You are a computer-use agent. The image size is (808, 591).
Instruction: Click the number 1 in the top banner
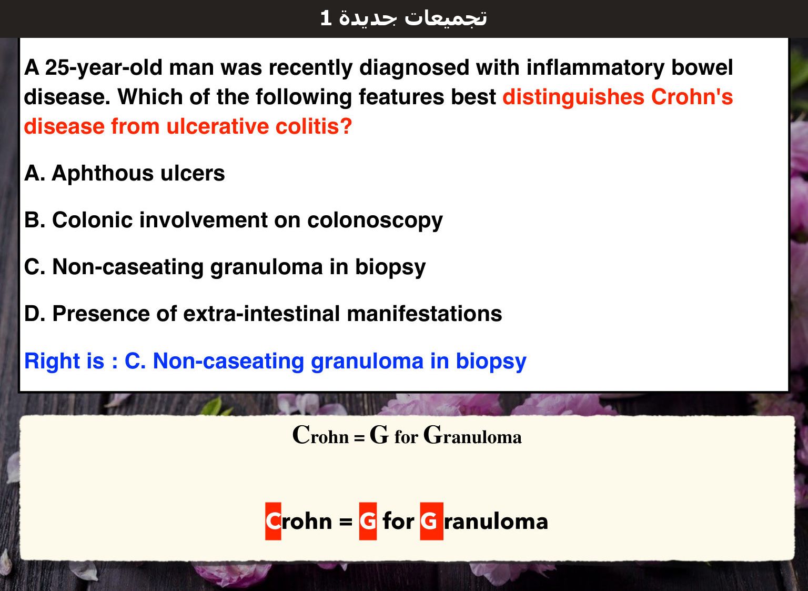(326, 18)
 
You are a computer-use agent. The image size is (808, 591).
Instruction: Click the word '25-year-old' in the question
(104, 67)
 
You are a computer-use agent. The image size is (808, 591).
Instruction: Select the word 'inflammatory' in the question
(595, 67)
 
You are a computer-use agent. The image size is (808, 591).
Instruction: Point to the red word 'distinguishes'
(573, 97)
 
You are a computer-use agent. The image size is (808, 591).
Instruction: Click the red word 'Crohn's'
(692, 97)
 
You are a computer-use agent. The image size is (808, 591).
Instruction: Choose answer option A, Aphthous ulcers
(125, 173)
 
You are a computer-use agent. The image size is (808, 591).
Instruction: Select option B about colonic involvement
(234, 220)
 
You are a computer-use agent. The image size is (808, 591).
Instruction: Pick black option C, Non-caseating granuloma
(225, 267)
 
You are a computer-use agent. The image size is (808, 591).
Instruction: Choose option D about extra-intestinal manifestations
(263, 313)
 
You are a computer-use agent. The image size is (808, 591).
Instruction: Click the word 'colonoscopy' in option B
(375, 221)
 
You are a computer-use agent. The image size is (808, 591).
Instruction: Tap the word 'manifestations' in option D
(424, 313)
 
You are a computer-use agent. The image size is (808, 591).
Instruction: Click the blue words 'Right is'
(64, 361)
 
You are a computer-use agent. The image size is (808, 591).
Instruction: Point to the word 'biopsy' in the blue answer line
(491, 362)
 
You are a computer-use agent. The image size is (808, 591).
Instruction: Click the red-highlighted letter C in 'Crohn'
(273, 521)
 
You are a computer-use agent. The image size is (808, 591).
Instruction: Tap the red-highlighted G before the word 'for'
(368, 521)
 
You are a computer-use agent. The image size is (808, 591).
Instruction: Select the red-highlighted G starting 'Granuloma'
(431, 521)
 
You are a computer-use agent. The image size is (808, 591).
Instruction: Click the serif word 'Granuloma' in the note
(472, 435)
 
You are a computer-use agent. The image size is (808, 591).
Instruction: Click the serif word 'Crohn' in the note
(320, 435)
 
